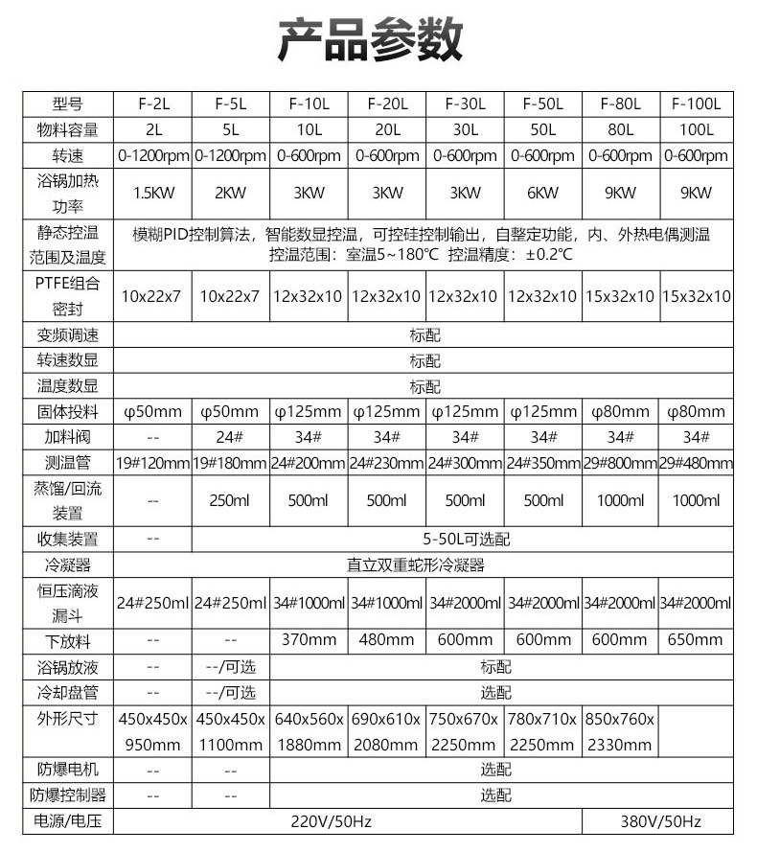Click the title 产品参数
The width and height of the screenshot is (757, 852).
pos(371,40)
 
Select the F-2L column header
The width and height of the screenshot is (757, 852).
pos(152,104)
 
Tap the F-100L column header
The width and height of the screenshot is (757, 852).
pos(697,104)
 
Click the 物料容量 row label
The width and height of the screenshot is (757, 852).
pos(68,129)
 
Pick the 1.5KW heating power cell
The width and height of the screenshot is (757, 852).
pos(152,193)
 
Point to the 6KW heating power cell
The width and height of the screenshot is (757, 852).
pos(542,193)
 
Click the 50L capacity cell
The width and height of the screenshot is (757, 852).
pos(542,129)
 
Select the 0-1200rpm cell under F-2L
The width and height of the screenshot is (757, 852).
pos(152,155)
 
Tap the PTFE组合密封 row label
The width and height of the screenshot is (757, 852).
pos(68,296)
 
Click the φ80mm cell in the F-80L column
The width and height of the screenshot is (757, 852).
pos(620,412)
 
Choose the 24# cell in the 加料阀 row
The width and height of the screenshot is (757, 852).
pos(230,437)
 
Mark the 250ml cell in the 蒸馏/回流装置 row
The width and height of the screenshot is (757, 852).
pos(230,500)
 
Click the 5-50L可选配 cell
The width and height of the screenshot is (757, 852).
pos(465,539)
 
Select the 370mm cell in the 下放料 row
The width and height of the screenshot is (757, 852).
pos(308,639)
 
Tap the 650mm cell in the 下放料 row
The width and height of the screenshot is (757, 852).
pos(697,639)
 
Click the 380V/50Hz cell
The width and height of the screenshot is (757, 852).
pos(659,821)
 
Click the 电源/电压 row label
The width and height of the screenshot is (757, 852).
pos(68,821)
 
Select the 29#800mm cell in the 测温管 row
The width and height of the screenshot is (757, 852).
pos(620,463)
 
